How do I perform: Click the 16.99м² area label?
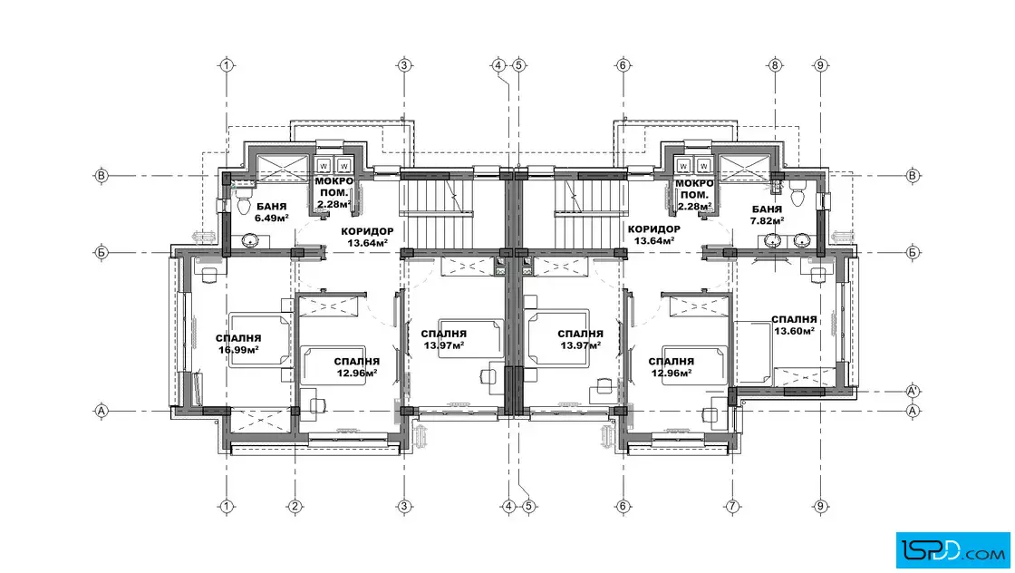[239, 350]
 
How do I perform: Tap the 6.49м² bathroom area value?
[271, 219]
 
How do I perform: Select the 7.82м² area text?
[767, 221]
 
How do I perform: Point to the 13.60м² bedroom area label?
[794, 331]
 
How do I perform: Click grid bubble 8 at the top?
[774, 64]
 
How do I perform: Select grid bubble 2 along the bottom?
[295, 506]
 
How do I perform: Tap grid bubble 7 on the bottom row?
[732, 506]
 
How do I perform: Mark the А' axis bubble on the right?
[913, 391]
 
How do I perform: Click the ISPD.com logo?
[952, 550]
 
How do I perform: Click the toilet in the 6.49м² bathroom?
[244, 201]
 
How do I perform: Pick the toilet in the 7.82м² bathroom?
[797, 193]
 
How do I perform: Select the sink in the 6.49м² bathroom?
[250, 241]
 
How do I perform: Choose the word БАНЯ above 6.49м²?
[271, 208]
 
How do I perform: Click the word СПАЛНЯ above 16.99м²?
[238, 338]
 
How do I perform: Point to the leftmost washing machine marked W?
[324, 166]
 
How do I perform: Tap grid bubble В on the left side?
[101, 176]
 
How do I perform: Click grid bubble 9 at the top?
[820, 64]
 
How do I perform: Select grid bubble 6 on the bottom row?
[623, 506]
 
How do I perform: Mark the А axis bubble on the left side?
[101, 411]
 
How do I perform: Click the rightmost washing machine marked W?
[703, 166]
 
